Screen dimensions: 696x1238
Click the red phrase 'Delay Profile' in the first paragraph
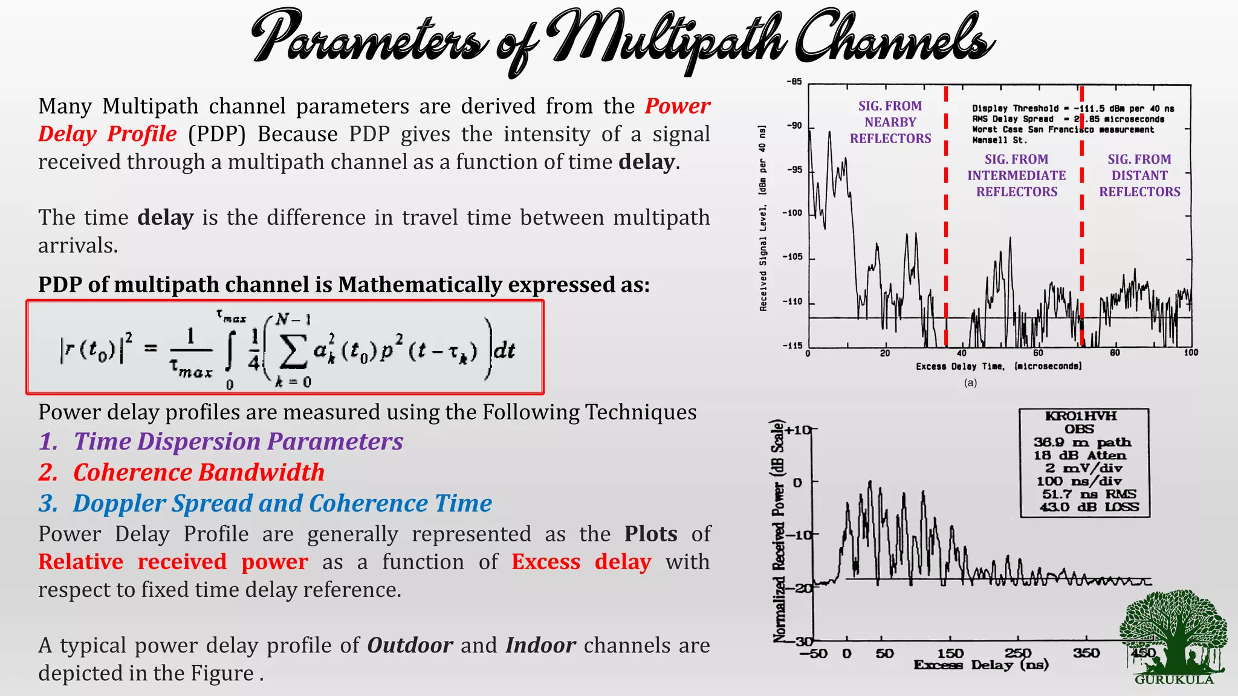point(108,134)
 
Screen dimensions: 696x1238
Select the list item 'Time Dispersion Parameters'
point(238,442)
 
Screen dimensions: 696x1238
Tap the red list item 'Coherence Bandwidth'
point(199,472)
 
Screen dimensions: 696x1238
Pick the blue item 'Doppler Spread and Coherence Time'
point(282,503)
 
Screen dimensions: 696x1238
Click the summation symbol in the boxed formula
point(292,352)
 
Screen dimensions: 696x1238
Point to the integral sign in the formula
point(229,352)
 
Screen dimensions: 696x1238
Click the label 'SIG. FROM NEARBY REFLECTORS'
point(890,122)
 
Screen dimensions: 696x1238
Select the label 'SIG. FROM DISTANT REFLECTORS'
point(1139,175)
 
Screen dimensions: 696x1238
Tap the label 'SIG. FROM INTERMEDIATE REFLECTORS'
point(1017,175)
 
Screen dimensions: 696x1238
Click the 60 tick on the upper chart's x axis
point(1038,353)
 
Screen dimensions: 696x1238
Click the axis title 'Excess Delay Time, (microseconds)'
point(999,366)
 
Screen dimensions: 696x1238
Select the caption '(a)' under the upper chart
point(970,382)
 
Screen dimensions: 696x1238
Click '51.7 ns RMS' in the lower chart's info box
point(1089,494)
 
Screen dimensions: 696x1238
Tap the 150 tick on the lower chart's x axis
point(950,653)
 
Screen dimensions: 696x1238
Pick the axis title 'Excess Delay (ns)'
point(981,665)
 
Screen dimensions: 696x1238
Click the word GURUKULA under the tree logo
point(1174,680)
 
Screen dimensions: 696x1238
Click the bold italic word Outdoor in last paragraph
point(410,645)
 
